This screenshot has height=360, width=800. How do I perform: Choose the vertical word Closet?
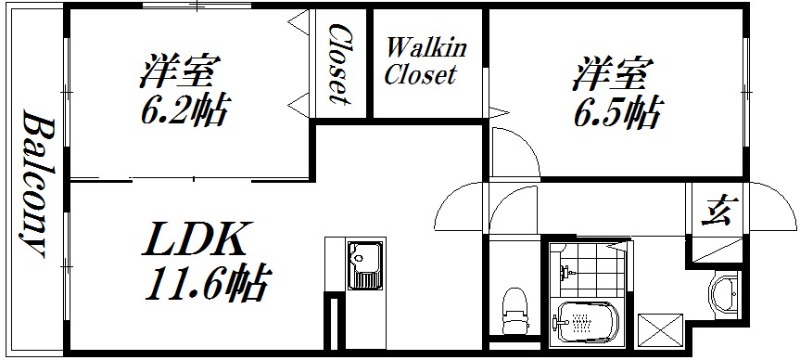pos(340,64)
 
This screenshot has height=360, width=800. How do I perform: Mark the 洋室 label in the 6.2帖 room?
pos(180,70)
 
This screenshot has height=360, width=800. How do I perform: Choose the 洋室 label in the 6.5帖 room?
pos(614,74)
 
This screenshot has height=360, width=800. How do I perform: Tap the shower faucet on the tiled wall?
pos(567,270)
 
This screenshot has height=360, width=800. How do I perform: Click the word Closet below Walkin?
pos(420,75)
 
